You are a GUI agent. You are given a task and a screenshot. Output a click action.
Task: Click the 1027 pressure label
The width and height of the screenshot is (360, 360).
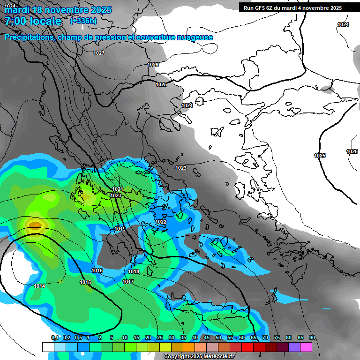click(98, 53)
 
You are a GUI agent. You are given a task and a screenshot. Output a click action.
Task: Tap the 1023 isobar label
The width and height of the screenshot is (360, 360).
click(181, 168)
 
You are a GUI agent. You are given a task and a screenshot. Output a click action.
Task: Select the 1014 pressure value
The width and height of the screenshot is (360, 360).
click(39, 286)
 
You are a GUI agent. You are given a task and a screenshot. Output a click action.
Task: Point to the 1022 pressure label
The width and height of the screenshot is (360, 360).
click(161, 222)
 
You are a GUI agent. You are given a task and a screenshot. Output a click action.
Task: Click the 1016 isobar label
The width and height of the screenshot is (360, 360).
click(97, 270)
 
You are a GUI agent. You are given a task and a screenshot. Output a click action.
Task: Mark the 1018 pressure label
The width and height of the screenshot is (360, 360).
click(134, 271)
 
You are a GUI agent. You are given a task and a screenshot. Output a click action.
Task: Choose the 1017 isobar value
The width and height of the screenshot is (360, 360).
click(128, 282)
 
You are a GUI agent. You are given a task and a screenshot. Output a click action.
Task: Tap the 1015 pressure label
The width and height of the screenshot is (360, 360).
click(85, 282)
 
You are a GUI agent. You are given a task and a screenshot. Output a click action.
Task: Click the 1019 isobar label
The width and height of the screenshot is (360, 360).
click(120, 229)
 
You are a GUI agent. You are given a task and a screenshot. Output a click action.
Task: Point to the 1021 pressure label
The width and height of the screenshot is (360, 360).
click(117, 189)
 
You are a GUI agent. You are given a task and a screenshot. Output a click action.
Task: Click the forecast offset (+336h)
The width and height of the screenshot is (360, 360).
click(83, 21)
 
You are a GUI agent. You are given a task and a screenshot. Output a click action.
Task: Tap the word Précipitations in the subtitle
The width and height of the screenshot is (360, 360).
click(28, 37)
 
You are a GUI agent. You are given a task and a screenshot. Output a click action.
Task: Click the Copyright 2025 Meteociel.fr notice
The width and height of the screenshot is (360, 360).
click(199, 356)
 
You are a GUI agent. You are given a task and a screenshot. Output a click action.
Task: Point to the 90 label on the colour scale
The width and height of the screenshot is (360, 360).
click(312, 337)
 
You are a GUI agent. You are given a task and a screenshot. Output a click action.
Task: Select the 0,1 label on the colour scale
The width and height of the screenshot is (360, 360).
click(54, 337)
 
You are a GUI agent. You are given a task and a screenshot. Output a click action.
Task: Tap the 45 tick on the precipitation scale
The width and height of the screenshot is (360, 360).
click(207, 337)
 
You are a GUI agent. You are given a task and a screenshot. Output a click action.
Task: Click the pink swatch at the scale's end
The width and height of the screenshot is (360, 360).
click(306, 347)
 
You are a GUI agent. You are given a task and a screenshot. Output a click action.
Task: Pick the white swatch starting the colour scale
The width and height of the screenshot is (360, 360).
click(48, 347)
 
